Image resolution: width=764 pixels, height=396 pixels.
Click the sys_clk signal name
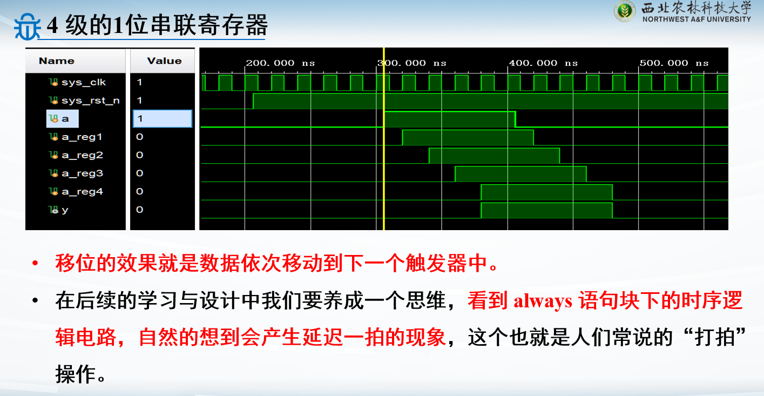(x=84, y=82)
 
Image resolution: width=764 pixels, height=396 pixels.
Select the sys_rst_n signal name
(x=90, y=100)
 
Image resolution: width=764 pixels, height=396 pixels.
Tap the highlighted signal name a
(x=65, y=119)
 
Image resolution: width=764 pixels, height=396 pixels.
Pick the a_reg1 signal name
(x=82, y=137)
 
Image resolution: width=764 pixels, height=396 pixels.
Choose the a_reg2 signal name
(x=82, y=155)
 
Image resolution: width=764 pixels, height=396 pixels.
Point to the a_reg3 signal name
(x=82, y=173)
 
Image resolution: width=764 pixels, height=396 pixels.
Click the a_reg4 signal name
(x=82, y=191)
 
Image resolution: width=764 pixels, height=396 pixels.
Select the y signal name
(x=65, y=210)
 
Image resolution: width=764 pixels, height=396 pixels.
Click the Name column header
(x=57, y=61)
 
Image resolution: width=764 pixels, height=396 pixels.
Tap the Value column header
(x=164, y=61)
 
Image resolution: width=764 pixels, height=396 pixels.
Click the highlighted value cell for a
(x=163, y=119)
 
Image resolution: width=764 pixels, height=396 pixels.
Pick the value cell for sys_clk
(x=139, y=82)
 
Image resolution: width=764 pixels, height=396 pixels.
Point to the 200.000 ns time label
(x=280, y=63)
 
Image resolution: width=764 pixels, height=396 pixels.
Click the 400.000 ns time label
(x=543, y=63)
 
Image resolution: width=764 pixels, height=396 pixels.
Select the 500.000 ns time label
(x=674, y=63)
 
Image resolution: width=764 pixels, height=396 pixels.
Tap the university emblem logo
(x=625, y=11)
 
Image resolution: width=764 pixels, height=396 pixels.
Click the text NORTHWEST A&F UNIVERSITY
(x=697, y=19)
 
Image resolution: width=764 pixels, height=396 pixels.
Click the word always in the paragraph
(x=543, y=301)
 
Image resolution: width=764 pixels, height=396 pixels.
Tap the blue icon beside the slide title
(x=28, y=26)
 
